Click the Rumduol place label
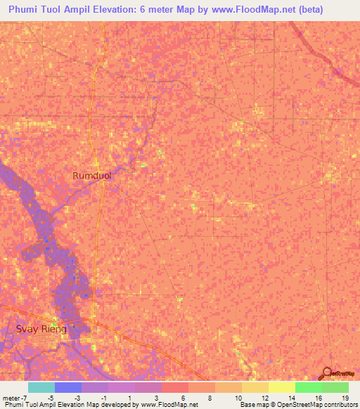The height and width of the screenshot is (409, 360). [92, 176]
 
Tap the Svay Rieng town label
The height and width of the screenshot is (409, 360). [41, 329]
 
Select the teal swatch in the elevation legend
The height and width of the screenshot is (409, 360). [41, 387]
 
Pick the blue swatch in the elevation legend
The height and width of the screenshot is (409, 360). [68, 387]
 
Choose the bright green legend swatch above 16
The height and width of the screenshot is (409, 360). [308, 387]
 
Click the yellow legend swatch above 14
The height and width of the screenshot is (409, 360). [281, 387]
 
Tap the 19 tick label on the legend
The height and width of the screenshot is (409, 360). [345, 397]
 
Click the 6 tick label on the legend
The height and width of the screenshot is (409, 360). [183, 397]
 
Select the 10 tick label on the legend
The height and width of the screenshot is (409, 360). [238, 397]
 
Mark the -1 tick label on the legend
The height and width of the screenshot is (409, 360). [103, 397]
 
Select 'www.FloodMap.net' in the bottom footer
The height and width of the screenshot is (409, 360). [169, 405]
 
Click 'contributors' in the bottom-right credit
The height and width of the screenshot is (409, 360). [337, 405]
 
